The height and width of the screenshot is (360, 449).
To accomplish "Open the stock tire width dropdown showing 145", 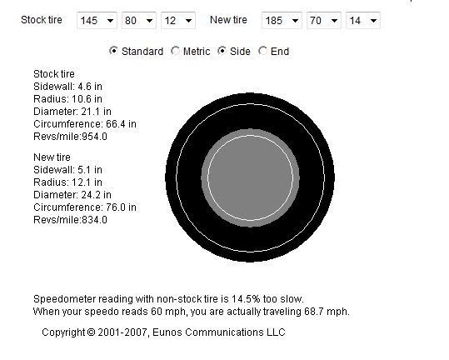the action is point(97,20).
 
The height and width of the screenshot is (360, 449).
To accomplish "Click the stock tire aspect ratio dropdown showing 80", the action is point(139,20).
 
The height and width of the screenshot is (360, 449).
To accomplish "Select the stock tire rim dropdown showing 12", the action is point(178,20).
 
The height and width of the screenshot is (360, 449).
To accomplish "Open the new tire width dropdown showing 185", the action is point(282,20).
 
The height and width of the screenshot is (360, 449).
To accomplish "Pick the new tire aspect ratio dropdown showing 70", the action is point(323,20).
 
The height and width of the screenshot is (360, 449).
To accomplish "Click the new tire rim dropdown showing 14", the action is point(363,20).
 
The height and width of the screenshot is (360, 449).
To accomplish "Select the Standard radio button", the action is point(113,51).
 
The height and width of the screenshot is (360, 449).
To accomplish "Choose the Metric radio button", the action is point(175,51).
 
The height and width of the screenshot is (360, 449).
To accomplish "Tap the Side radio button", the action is point(222,51).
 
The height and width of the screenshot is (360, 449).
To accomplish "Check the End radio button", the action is point(262,51).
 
